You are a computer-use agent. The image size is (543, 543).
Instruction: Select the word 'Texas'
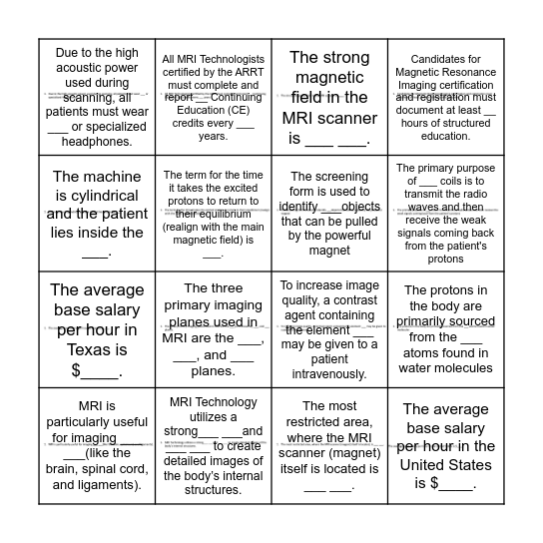tap(97, 351)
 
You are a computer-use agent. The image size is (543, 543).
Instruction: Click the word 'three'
tap(231, 288)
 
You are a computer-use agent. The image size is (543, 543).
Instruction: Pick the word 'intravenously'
tap(327, 374)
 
